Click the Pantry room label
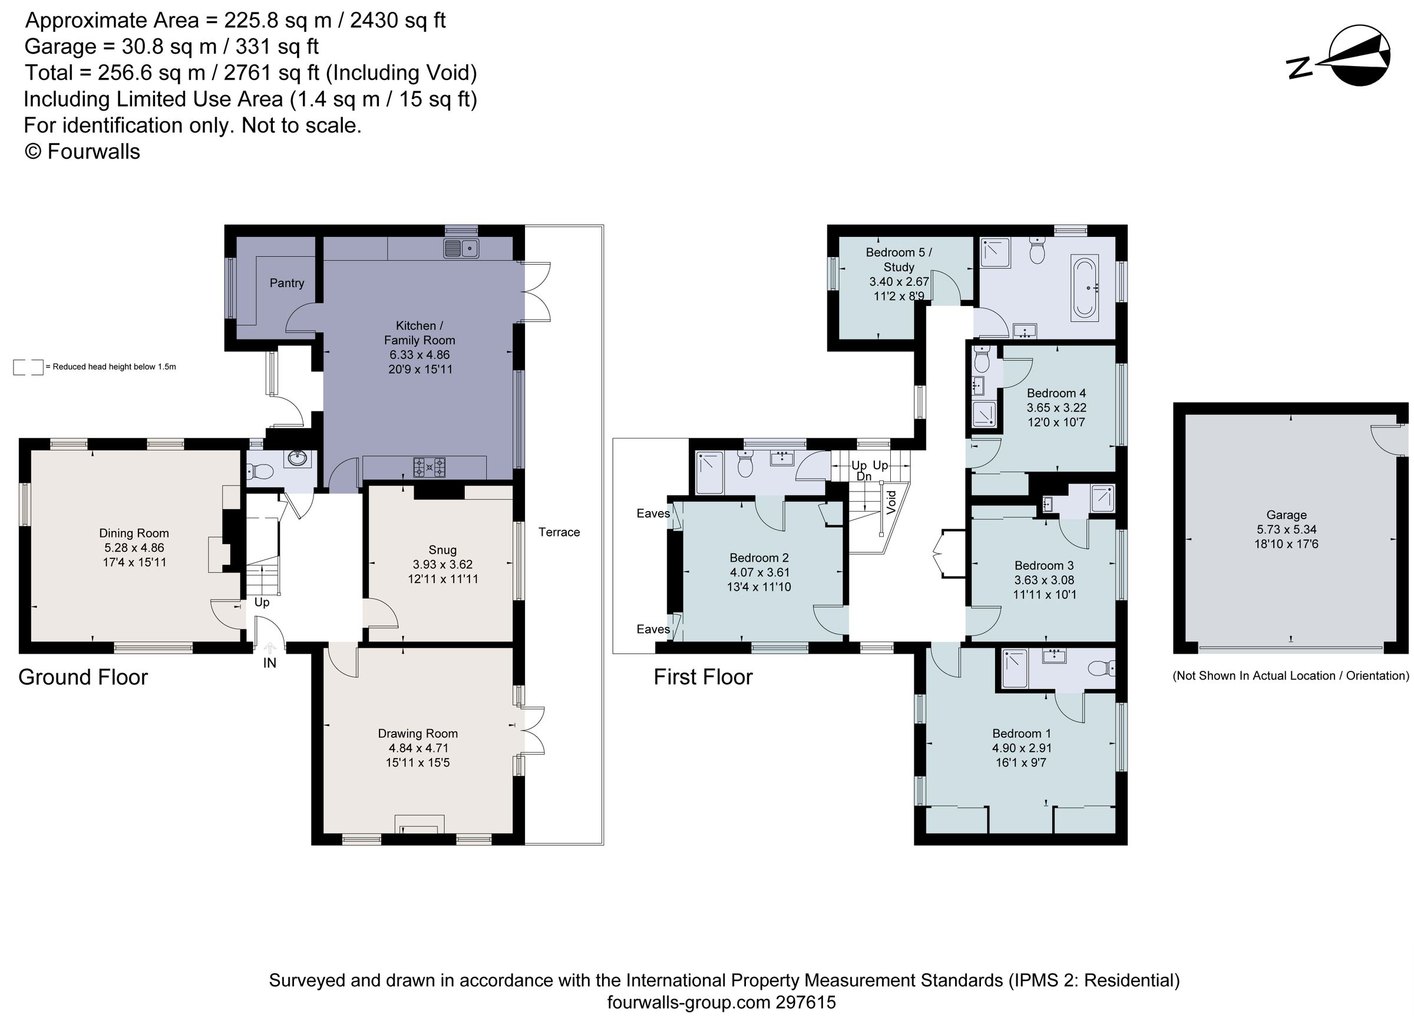point(287,283)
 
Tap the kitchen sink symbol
point(461,248)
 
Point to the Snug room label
point(442,549)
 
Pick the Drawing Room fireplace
point(419,825)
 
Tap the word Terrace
point(559,532)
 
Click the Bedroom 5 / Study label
point(898,259)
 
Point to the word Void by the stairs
point(891,502)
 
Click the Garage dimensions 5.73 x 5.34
point(1286,529)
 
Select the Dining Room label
point(134,533)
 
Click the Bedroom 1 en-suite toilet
point(1102,668)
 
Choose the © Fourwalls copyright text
point(82,151)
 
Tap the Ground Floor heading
point(83,677)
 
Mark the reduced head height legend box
point(28,367)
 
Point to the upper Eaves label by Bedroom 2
point(653,513)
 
